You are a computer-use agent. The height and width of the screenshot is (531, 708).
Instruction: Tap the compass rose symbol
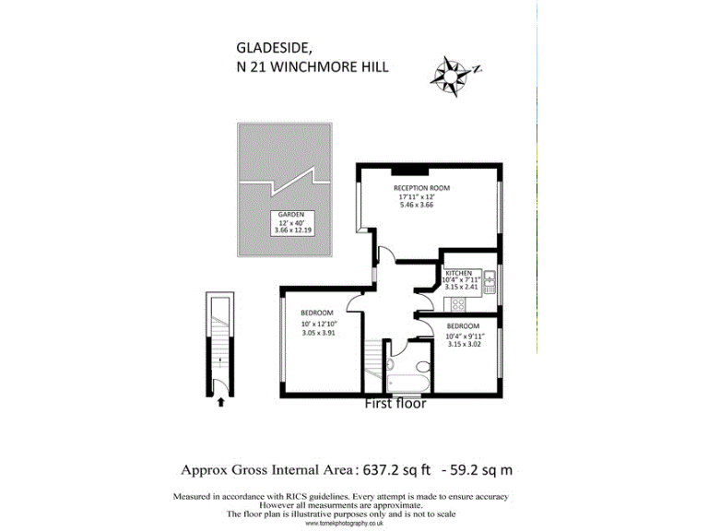pyautogui.click(x=451, y=76)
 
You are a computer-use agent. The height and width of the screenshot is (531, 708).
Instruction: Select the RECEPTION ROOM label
pyautogui.click(x=421, y=188)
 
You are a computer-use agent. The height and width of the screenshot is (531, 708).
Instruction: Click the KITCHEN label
pyautogui.click(x=459, y=273)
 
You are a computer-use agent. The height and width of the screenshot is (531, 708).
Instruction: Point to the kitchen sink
pyautogui.click(x=490, y=282)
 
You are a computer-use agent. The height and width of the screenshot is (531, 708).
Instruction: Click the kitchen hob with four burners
pyautogui.click(x=458, y=305)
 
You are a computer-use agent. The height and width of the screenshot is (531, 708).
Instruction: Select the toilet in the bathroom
pyautogui.click(x=423, y=366)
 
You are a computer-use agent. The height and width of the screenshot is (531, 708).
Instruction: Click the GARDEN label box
pyautogui.click(x=292, y=223)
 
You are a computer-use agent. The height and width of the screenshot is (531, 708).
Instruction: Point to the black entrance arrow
pyautogui.click(x=220, y=402)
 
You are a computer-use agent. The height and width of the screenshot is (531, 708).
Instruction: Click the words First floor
pyautogui.click(x=395, y=403)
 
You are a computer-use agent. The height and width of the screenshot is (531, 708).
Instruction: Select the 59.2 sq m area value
pyautogui.click(x=481, y=470)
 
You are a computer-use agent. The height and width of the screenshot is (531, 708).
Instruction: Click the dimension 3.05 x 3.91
pyautogui.click(x=318, y=333)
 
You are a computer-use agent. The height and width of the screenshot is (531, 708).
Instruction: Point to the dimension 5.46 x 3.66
pyautogui.click(x=417, y=205)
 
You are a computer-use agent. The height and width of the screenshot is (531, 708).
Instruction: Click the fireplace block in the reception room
pyautogui.click(x=409, y=171)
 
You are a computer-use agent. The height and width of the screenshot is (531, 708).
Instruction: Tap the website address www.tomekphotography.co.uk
pyautogui.click(x=345, y=523)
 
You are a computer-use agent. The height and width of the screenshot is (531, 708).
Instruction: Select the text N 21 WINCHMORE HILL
pyautogui.click(x=313, y=66)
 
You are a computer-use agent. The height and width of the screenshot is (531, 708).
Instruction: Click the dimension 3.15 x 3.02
pyautogui.click(x=465, y=344)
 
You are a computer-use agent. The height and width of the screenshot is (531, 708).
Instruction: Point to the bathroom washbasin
pyautogui.click(x=390, y=364)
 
